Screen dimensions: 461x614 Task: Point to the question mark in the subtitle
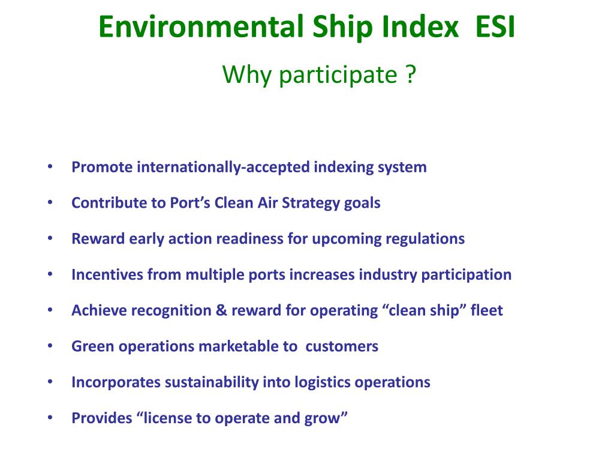[410, 76]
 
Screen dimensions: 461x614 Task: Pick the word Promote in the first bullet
[101, 167]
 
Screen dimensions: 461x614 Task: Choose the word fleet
[487, 311]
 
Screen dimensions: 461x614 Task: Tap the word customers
[342, 346]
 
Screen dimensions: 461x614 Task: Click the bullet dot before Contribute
[50, 202]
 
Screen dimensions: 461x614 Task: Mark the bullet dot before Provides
[50, 418]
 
